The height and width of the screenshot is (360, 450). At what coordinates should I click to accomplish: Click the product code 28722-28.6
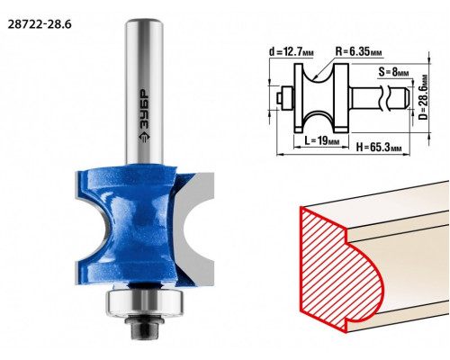pos(40,24)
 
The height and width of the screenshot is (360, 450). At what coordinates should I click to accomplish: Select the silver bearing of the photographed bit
pos(144,302)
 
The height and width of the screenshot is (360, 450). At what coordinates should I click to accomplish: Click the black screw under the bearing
pos(144,327)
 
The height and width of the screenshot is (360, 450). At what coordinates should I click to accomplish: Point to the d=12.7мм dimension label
pos(292,52)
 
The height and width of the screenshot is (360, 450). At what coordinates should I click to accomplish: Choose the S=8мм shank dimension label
pos(393,72)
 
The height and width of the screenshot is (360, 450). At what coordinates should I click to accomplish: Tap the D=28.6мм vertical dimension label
pos(423,97)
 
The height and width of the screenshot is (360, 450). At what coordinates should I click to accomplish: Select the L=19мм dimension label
pos(322,140)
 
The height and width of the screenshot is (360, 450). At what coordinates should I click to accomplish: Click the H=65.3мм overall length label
pos(379,148)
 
